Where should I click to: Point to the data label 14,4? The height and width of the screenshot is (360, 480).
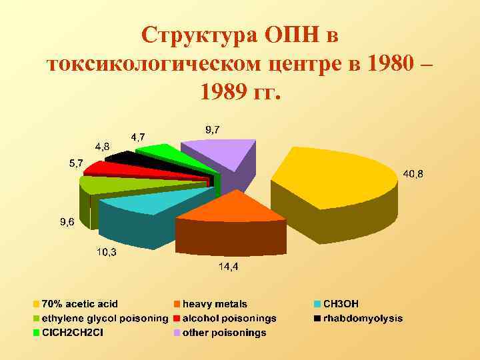coord(229,267)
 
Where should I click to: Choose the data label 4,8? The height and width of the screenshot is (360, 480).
coord(102,145)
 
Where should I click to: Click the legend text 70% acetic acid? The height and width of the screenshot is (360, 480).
coord(80,305)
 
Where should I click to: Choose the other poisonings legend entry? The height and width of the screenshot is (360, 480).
coord(224,333)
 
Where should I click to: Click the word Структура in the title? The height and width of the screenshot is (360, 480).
coord(199,35)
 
